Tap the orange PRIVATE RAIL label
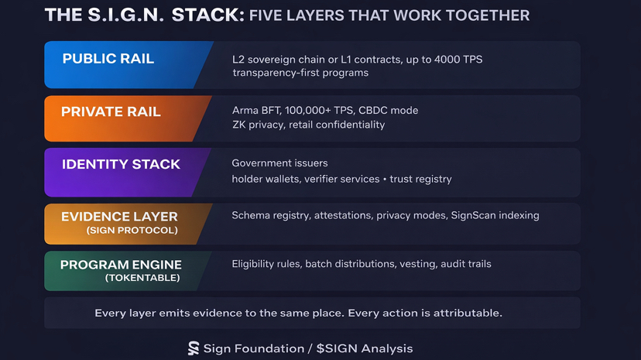[111, 111]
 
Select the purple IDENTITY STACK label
[121, 164]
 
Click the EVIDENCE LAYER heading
[119, 217]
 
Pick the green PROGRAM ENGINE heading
[120, 265]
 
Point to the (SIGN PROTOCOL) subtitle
[132, 230]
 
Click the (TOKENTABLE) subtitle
[142, 278]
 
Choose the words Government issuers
[279, 163]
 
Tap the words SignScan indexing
[495, 215]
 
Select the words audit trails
[466, 264]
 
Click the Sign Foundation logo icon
[194, 348]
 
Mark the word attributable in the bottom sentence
[465, 314]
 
